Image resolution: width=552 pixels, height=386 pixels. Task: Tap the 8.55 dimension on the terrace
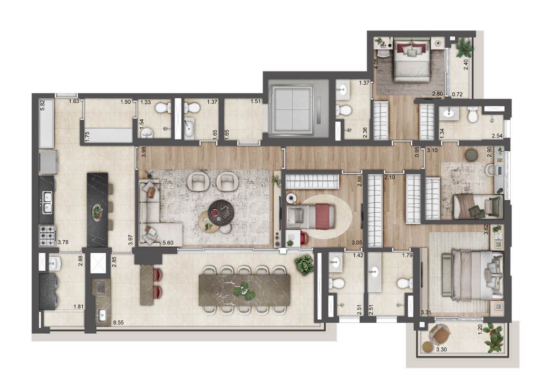(x=119, y=322)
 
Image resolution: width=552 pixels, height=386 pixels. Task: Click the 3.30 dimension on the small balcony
(x=442, y=350)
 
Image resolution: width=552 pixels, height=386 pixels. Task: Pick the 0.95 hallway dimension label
(x=417, y=152)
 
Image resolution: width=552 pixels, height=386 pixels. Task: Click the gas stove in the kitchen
(x=47, y=236)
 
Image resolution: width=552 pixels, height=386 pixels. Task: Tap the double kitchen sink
(x=47, y=202)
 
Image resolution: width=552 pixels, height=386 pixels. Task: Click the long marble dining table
(x=244, y=290)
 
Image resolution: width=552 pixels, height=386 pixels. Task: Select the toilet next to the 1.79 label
(x=405, y=283)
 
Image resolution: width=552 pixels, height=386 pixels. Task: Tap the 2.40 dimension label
(x=466, y=65)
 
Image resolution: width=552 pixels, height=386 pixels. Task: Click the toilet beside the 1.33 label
(x=163, y=108)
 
